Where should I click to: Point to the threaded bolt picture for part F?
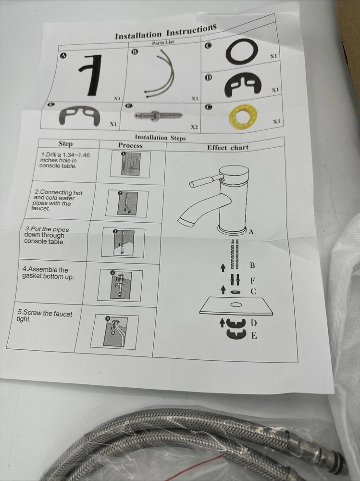pos(158,115)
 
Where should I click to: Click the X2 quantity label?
pos(194,127)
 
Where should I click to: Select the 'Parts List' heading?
pos(163,43)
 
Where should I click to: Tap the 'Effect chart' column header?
pos(227,148)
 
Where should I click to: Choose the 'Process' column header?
pos(130,145)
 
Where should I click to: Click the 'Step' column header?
pos(66,143)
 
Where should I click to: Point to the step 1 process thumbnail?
pos(130,165)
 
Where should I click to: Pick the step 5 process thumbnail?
pos(114,331)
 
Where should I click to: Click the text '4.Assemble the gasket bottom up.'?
pos(48,273)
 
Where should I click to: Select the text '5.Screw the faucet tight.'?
pos(45,316)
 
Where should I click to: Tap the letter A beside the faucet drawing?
pos(251,232)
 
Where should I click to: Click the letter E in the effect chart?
pos(254,336)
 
